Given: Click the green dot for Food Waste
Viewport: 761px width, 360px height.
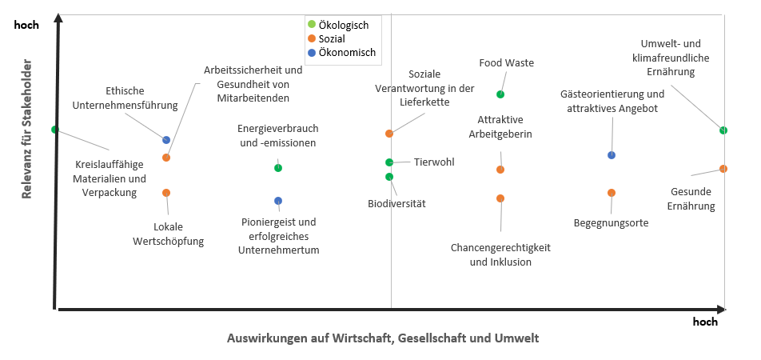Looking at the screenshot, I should pos(500,94).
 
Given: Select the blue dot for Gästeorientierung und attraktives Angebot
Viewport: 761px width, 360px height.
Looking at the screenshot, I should pos(612,155).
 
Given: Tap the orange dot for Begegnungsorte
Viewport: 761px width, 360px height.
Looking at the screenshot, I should pos(612,193).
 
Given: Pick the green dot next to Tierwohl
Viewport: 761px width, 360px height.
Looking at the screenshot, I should pos(389,162).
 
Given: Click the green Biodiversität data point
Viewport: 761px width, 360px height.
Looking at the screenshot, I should pos(389,177).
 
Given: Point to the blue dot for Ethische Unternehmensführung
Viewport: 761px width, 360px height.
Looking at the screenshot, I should pos(166,140).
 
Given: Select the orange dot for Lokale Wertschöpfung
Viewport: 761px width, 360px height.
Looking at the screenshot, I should pos(166,193).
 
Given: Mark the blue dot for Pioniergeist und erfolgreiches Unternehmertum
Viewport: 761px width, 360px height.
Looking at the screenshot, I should pos(278,201).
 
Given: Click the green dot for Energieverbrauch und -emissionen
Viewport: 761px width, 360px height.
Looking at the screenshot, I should pos(278,168).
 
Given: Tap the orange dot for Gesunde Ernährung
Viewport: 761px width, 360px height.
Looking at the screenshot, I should pos(723,169).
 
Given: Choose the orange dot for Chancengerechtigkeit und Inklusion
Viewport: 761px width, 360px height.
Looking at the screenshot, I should pos(500,198).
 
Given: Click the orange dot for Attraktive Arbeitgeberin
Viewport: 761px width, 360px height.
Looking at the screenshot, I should pos(500,170).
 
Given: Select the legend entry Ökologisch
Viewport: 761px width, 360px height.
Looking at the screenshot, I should pos(343,25).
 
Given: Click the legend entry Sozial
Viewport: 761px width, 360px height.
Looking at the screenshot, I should pos(333,38).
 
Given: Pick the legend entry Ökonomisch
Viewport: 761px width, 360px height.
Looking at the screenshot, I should pos(346,53).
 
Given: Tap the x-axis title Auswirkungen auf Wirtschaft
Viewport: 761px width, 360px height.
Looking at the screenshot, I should pos(383,338).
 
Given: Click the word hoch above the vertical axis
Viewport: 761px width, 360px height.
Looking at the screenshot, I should pos(26,25).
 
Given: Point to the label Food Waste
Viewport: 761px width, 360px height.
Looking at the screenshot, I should pos(507,63).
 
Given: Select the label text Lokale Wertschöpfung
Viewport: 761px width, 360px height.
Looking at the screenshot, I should pos(168,234).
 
